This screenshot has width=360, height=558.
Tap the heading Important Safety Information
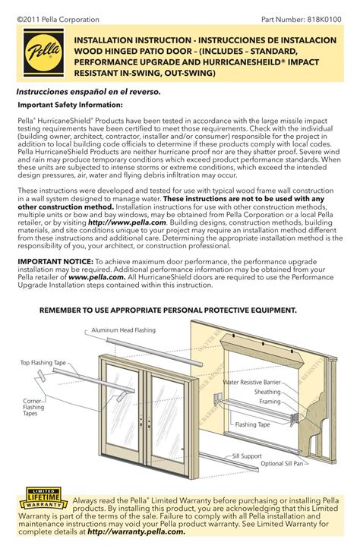click(x=70, y=105)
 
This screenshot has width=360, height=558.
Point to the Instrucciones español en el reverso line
click(x=88, y=91)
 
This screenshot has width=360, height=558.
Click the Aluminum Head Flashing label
click(x=123, y=331)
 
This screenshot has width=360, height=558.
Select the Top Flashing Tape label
click(x=43, y=364)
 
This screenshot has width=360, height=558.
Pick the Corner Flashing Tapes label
click(x=33, y=407)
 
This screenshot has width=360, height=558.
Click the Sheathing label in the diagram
click(x=267, y=392)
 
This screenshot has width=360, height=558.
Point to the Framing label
click(x=270, y=401)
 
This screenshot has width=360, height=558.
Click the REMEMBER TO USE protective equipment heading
click(x=168, y=311)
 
